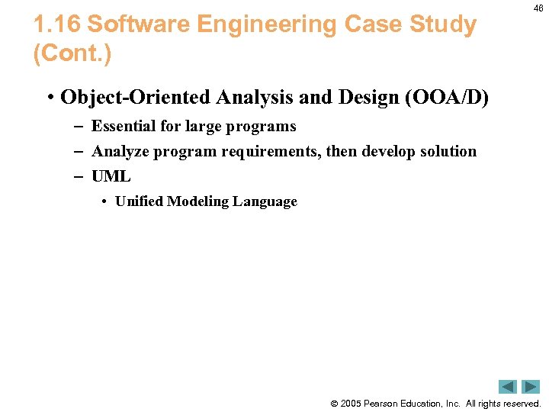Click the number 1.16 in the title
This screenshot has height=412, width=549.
click(x=57, y=25)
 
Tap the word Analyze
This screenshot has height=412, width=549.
click(x=120, y=152)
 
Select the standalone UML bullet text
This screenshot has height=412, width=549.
click(x=111, y=176)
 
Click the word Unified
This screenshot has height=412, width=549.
click(x=139, y=201)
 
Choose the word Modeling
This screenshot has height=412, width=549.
click(x=197, y=201)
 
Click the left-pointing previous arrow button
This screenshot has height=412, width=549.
click(x=508, y=387)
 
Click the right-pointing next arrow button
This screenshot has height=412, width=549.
click(x=531, y=387)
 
